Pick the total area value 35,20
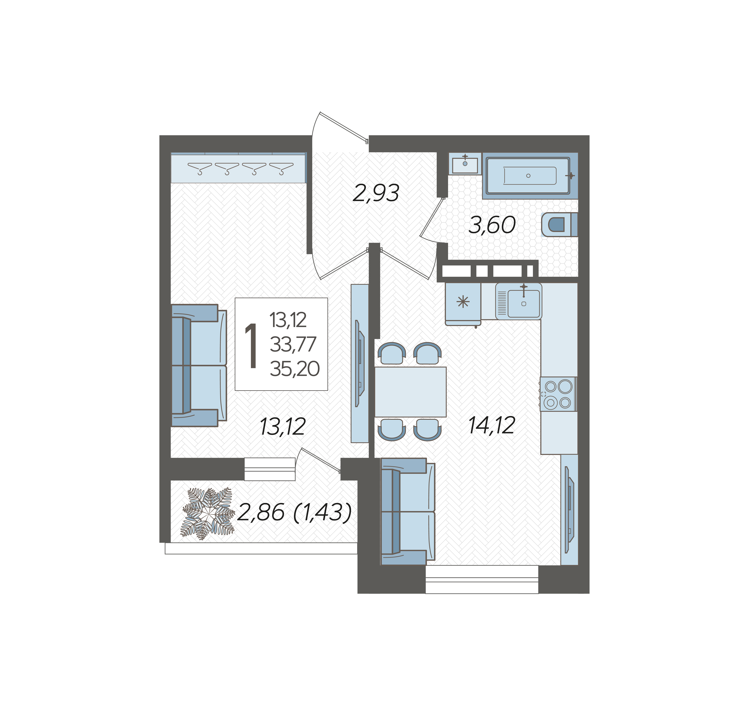pyautogui.click(x=295, y=369)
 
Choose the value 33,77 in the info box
pyautogui.click(x=293, y=344)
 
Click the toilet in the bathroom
pyautogui.click(x=559, y=224)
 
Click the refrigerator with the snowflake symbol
pyautogui.click(x=463, y=304)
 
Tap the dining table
pyautogui.click(x=410, y=392)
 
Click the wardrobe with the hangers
pyautogui.click(x=238, y=168)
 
